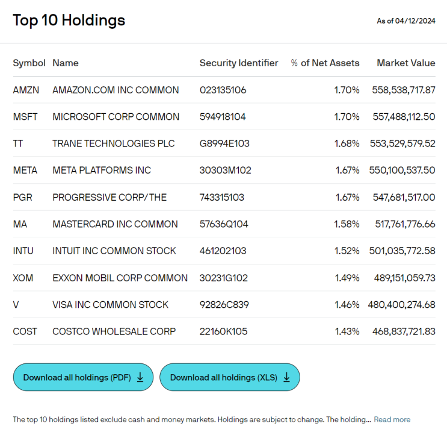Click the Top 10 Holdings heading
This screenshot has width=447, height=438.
pos(69,20)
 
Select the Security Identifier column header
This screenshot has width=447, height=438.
pos(239,63)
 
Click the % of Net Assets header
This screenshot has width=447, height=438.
pos(325,63)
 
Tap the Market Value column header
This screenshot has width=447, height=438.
pos(406,63)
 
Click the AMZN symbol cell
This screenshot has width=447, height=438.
pos(26,90)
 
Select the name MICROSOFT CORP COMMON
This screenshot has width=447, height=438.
pos(116,117)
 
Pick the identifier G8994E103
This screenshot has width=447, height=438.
pos(224,143)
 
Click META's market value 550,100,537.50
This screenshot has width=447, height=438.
pos(402,170)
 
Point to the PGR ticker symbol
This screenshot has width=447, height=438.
pos(22,197)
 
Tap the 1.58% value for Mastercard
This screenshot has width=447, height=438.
pos(347,224)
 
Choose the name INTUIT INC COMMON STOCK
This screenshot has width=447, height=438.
pos(114,251)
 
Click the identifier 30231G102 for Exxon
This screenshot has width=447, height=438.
pos(224,278)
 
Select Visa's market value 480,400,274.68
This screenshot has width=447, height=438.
pos(401,305)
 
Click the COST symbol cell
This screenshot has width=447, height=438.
pos(25,331)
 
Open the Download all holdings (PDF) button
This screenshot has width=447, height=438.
pos(83,377)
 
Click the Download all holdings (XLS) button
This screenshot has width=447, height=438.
pos(230,377)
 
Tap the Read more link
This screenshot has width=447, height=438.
pos(392,419)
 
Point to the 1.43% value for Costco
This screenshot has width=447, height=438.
pos(347,331)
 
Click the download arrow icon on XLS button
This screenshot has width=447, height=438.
pos(286,378)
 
